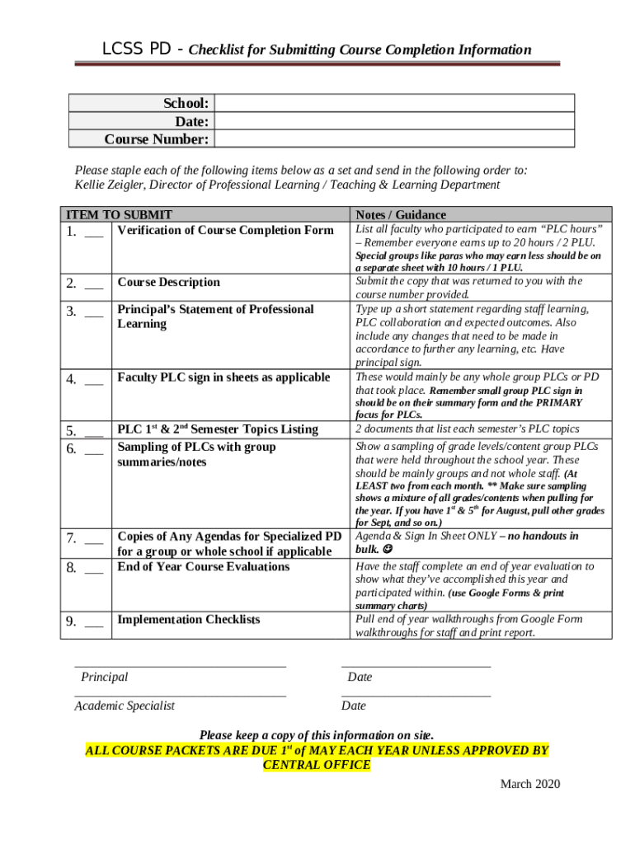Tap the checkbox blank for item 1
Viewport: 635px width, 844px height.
[x=94, y=232]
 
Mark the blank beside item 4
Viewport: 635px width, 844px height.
[x=94, y=380]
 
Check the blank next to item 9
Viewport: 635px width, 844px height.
[x=94, y=622]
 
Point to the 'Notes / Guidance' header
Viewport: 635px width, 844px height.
[x=401, y=214]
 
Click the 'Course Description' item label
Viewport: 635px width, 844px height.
[x=169, y=283]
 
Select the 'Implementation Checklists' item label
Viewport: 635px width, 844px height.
[x=189, y=620]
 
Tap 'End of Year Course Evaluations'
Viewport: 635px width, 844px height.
[x=204, y=567]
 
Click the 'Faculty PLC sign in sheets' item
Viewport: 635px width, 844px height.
[x=223, y=377]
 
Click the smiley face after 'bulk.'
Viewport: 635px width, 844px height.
[x=388, y=549]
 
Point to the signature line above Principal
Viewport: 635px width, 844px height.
[x=180, y=665]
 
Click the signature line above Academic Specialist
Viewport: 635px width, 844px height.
[x=180, y=696]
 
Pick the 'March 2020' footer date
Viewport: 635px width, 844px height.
[x=529, y=784]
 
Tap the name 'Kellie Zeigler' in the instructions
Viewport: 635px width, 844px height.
[x=113, y=185]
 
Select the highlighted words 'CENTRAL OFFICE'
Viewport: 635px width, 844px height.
[x=317, y=765]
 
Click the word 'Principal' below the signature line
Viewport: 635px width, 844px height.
[x=105, y=677]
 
